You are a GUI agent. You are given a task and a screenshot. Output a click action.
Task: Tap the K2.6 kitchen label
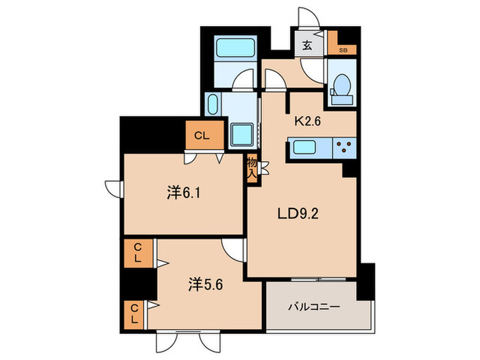coord(309,121)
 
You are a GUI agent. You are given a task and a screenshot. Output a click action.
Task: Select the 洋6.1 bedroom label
coord(184,193)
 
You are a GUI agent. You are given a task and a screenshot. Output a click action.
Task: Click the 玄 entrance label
coord(307,47)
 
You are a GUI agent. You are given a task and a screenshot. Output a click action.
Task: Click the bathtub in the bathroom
coord(235,49)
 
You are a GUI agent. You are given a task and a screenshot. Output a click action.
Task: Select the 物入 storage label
coord(252,169)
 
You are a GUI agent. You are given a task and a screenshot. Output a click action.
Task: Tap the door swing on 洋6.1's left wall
coord(113,187)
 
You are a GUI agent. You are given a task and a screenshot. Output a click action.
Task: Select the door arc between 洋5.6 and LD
coord(235,252)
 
